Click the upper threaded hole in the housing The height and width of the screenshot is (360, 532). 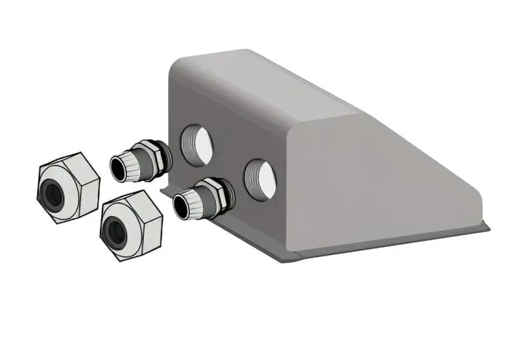point(197,143)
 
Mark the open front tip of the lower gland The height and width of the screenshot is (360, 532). point(182,207)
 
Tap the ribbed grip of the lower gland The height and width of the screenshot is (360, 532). point(196,201)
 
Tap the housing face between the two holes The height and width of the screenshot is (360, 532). point(229,160)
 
